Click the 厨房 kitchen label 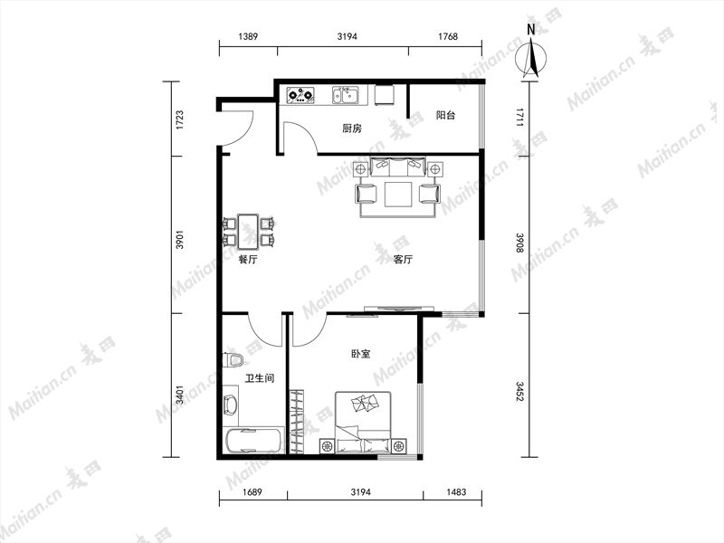(x=352, y=129)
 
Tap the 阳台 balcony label (x=445, y=115)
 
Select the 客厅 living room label (x=403, y=260)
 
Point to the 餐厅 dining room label (x=248, y=260)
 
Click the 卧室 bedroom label (x=360, y=354)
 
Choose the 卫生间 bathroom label (x=260, y=378)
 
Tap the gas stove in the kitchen (x=300, y=95)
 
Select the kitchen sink (x=346, y=95)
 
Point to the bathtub (x=253, y=441)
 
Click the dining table (x=247, y=230)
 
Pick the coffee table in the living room (x=398, y=194)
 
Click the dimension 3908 (x=519, y=243)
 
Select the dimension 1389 (x=248, y=36)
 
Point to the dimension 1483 (x=456, y=491)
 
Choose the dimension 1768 (x=447, y=36)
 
